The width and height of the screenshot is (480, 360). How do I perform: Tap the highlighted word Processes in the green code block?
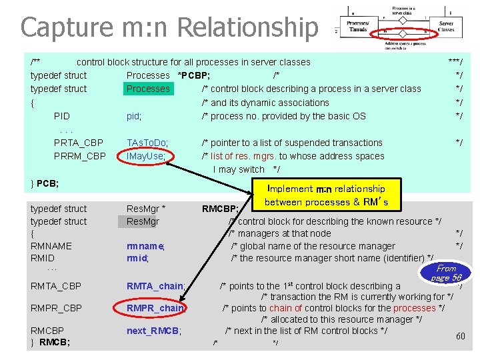148,89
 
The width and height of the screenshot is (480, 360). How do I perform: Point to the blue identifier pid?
134,116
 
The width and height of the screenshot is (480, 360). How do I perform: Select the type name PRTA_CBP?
79,143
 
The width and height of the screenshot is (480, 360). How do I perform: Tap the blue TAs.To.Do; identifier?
147,143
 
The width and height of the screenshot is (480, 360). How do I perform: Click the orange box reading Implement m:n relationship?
327,195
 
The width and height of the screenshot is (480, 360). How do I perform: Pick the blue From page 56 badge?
447,273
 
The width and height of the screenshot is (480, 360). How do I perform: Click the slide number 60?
460,336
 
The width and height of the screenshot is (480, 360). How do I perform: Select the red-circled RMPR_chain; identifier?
156,308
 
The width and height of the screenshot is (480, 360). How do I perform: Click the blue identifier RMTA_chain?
156,286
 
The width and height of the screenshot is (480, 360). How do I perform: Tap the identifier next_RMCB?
154,331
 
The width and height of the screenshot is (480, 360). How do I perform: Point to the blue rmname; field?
145,246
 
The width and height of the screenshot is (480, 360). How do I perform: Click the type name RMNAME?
51,246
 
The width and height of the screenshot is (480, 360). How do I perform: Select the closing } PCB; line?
45,183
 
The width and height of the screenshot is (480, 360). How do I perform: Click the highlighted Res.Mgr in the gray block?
143,221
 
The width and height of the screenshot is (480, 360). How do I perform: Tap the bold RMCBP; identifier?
221,209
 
